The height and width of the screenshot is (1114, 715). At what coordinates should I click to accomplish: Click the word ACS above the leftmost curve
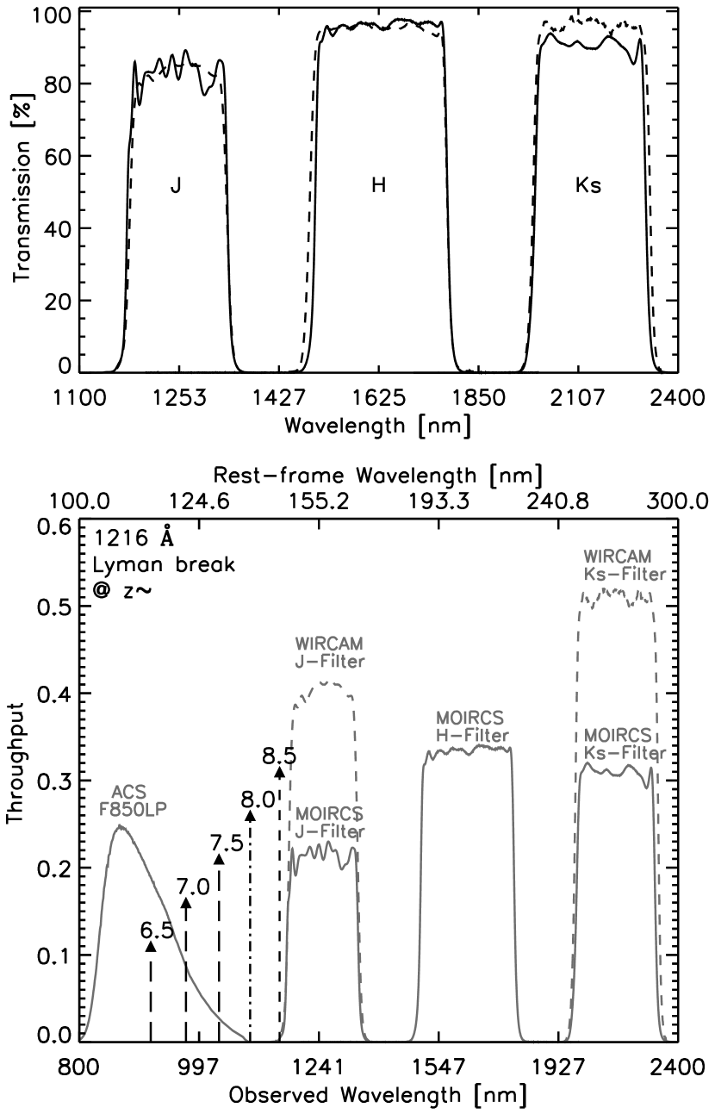coord(129,793)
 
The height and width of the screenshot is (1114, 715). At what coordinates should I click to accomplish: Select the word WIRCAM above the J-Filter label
coord(329,644)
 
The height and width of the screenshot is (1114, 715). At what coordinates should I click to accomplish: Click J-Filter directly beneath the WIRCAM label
coord(329,662)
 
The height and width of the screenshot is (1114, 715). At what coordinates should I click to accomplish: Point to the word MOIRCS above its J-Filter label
coord(330,814)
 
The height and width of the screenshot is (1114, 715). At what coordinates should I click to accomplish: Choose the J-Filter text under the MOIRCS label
coord(330,831)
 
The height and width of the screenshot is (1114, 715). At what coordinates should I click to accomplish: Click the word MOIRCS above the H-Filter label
coord(470,719)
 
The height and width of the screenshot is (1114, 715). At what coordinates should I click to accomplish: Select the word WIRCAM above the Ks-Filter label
coord(618,557)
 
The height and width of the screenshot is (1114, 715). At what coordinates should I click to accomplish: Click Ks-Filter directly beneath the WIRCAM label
coord(625,574)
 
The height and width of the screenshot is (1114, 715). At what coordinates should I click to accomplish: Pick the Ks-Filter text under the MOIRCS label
coord(625,753)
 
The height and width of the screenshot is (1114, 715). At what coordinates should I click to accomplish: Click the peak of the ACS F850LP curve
coord(121,826)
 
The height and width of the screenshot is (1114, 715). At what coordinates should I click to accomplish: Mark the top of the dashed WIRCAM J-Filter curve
coord(326,682)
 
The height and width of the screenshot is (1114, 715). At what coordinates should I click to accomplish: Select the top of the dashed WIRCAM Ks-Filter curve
coord(617,593)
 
